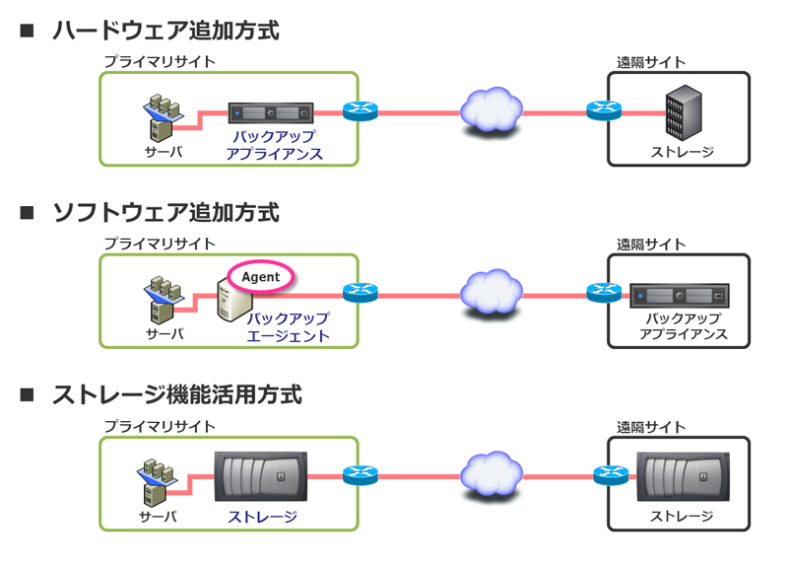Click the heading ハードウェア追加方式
point(165,31)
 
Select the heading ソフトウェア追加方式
point(165,212)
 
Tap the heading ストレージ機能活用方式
point(176,394)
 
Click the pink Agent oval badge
point(261,277)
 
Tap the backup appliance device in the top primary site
point(271,112)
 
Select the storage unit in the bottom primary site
point(261,476)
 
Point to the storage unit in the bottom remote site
point(682,477)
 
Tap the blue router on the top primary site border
point(361,111)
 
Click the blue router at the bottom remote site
point(611,475)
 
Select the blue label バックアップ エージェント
point(288,327)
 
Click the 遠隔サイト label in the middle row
point(651,244)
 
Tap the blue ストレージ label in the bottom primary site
point(262,516)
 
